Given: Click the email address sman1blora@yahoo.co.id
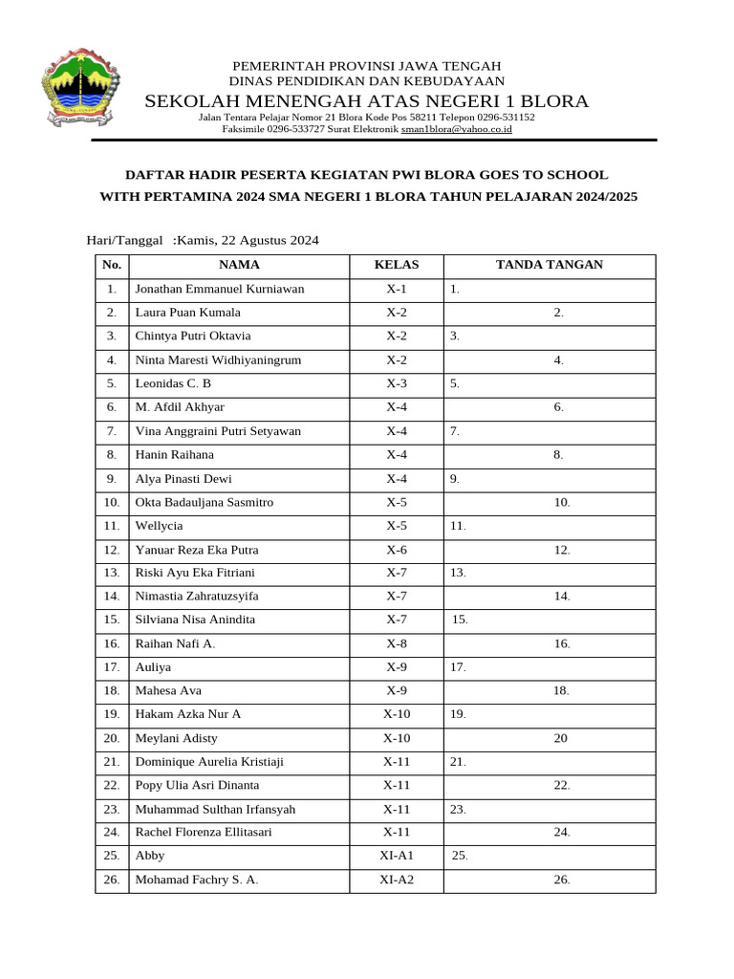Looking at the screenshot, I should (456, 128).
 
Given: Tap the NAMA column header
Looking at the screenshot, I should (239, 265).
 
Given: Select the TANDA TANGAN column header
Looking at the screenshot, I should (549, 265).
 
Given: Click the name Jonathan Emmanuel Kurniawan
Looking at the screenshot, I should (220, 289).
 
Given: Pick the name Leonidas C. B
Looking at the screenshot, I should (173, 383).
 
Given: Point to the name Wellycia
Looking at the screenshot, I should (159, 526).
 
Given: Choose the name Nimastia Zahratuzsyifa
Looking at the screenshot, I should (197, 596).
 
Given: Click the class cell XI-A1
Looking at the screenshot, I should (396, 856).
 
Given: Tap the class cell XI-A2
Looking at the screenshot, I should (396, 880).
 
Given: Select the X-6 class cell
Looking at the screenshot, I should (396, 550).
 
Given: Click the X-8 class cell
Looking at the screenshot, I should (396, 643).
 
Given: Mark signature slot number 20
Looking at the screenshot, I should (560, 738).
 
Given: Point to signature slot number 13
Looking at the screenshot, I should (458, 573).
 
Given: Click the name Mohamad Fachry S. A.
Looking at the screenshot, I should (197, 880).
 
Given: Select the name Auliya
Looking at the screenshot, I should (153, 667).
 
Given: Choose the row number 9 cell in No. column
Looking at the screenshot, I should (112, 479).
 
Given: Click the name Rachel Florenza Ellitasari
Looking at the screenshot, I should (204, 833).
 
